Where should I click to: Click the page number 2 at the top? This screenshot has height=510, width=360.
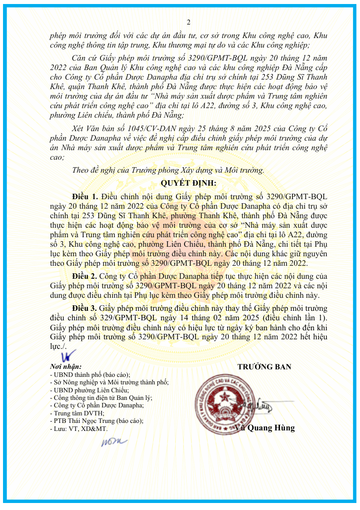coord(188,22)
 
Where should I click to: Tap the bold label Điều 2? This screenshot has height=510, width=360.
coord(85,276)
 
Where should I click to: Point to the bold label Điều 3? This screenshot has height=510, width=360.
coord(85,307)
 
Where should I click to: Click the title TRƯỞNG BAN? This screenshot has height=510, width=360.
coord(264,367)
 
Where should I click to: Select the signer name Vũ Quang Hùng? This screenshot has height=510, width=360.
coord(265,428)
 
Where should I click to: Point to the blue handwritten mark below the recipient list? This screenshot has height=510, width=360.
coord(114,441)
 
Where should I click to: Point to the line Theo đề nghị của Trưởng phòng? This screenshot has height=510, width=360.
coord(168,170)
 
